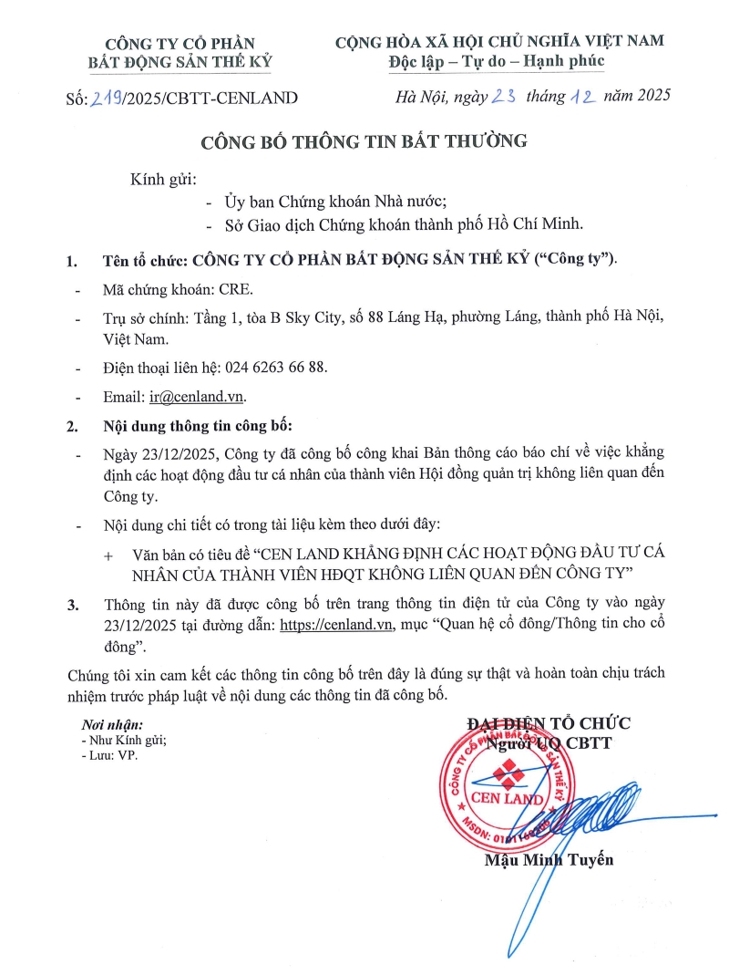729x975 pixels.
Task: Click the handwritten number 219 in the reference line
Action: point(108,98)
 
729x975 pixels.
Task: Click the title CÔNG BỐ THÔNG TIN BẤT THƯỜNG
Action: point(364,141)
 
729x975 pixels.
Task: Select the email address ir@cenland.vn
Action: point(198,397)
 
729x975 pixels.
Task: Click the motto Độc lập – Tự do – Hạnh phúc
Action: point(499,60)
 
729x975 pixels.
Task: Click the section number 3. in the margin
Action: point(73,605)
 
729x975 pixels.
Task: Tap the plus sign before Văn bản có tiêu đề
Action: point(109,555)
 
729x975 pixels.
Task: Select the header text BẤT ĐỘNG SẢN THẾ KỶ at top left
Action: point(180,61)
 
